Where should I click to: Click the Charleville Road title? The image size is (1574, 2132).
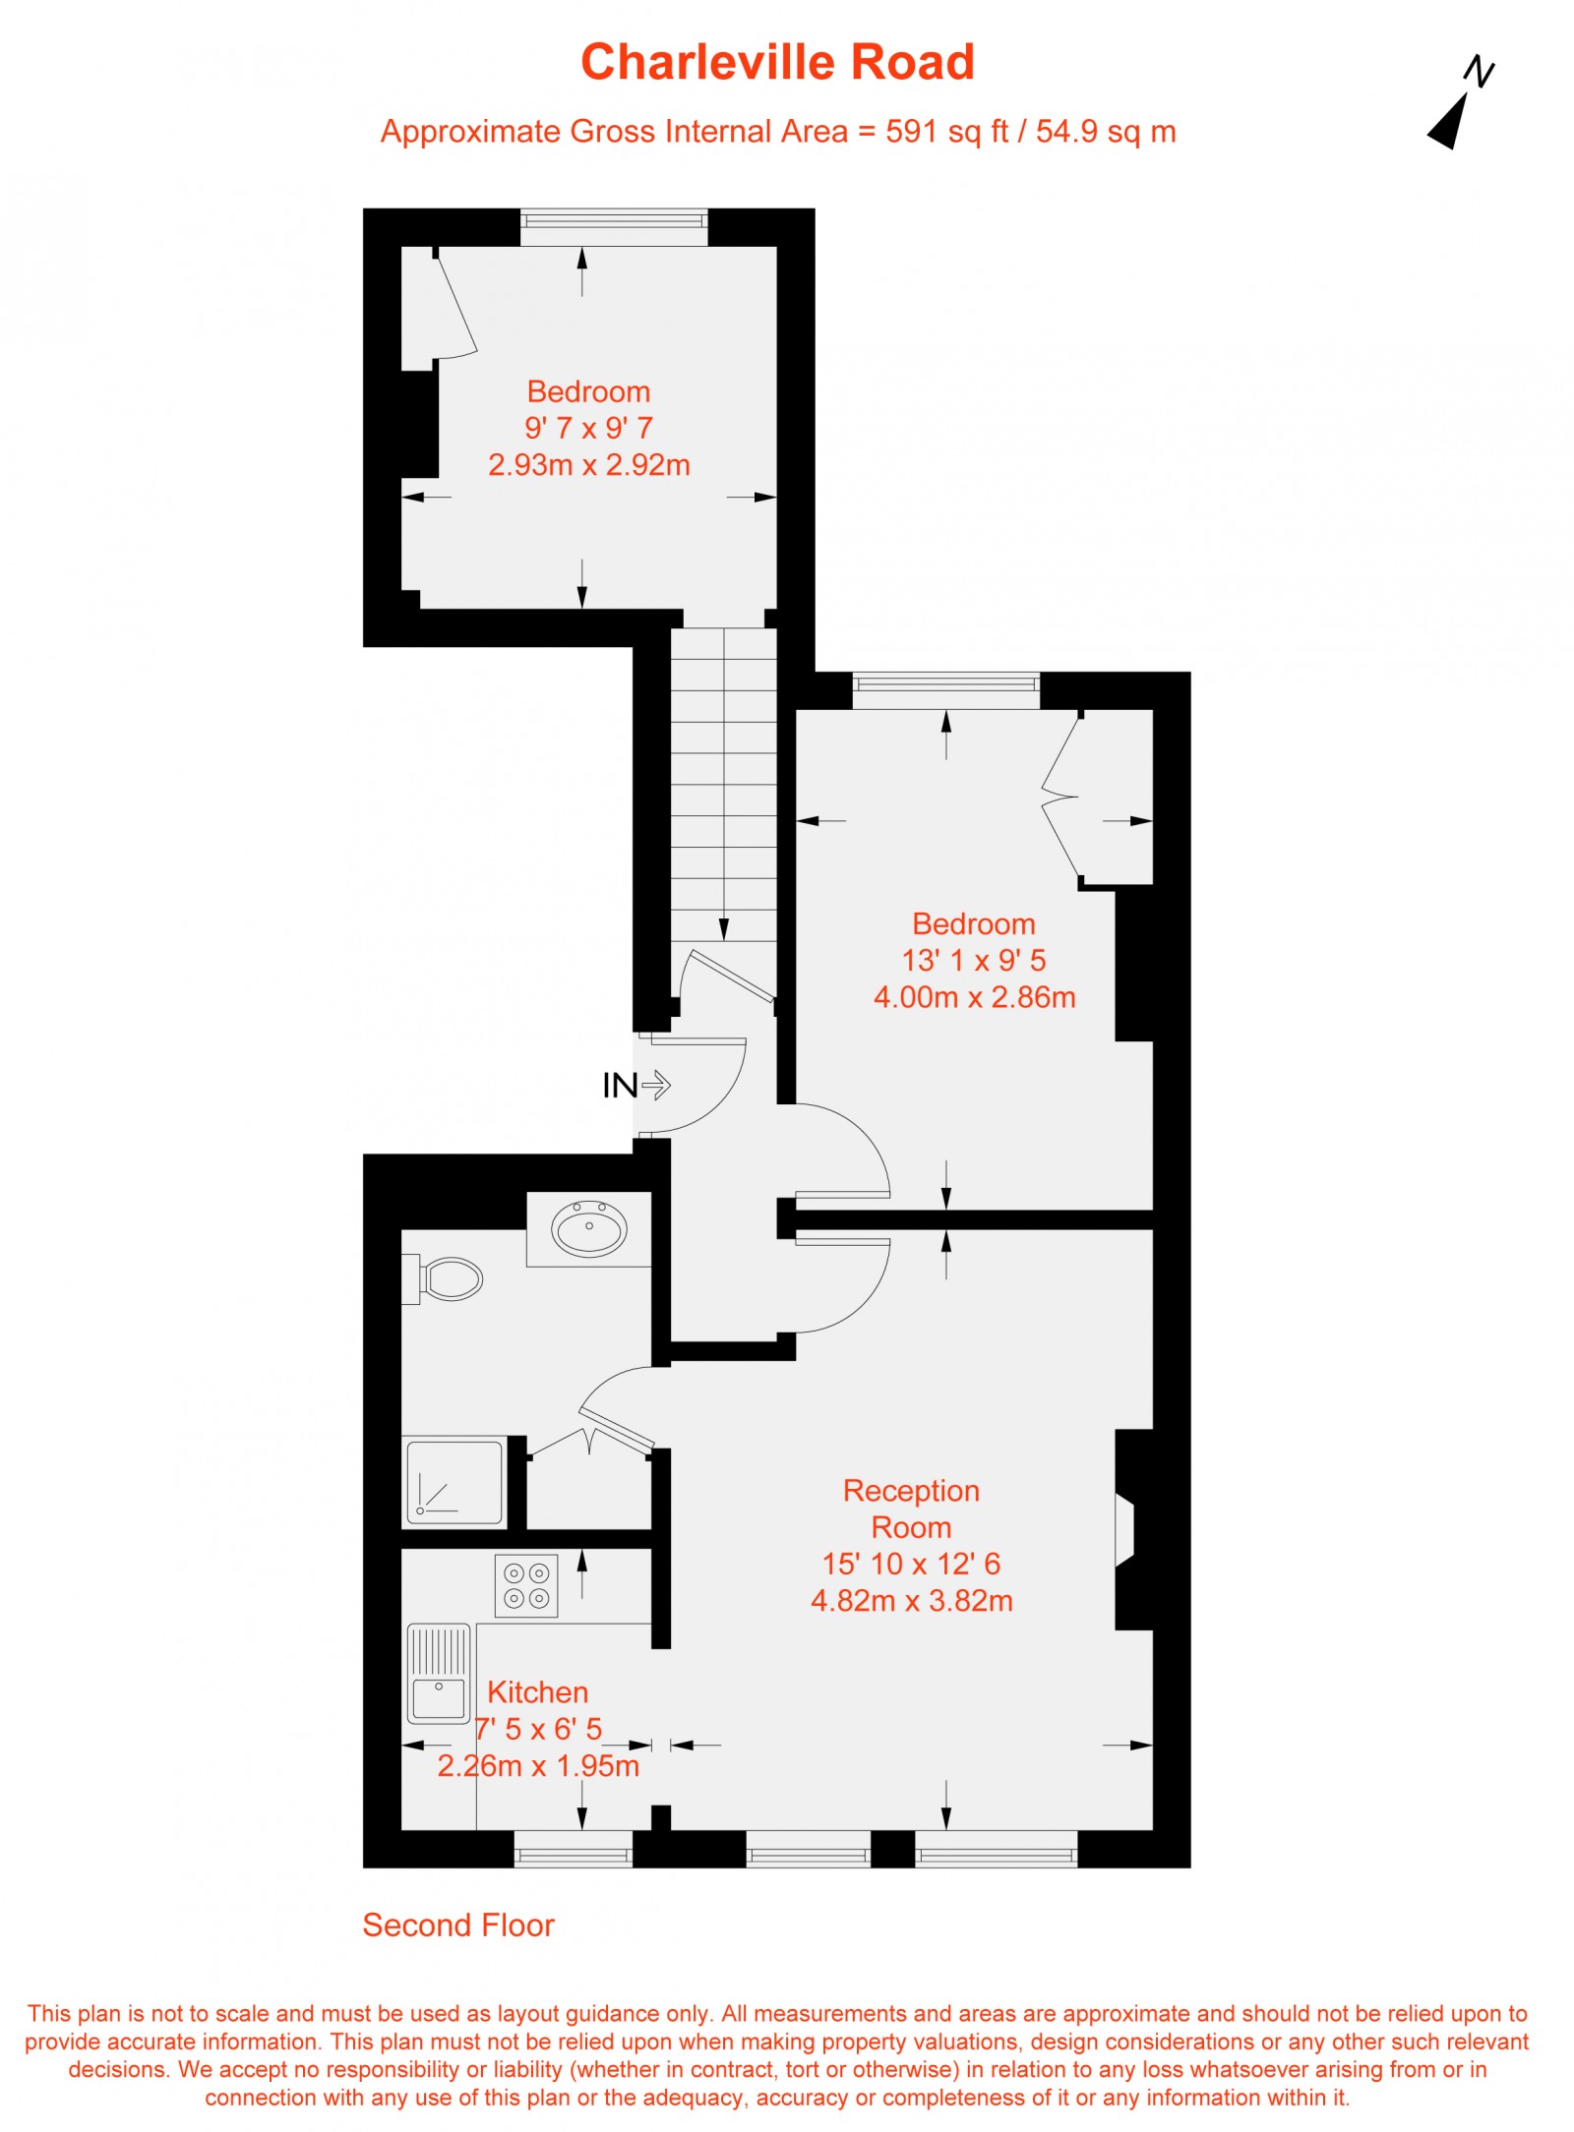click(x=777, y=62)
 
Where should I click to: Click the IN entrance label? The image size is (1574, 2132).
click(x=620, y=1086)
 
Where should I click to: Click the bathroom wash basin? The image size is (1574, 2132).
click(x=589, y=1227)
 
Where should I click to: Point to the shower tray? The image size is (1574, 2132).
click(x=454, y=1482)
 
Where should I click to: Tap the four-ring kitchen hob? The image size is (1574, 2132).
click(x=526, y=1585)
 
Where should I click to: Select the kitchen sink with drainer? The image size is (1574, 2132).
click(x=439, y=1674)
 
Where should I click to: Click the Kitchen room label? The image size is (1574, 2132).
click(x=538, y=1692)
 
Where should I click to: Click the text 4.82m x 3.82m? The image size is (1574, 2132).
click(x=911, y=1602)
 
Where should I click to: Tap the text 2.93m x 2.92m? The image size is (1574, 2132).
click(x=589, y=465)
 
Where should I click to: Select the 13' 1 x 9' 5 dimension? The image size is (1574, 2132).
click(x=974, y=961)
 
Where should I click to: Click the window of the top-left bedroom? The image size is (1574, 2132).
click(x=614, y=227)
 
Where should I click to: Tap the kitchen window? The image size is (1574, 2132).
click(x=574, y=1849)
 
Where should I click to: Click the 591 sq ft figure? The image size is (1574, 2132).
click(x=947, y=132)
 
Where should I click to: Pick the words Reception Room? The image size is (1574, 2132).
click(x=911, y=1510)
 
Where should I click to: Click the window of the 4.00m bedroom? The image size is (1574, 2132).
click(x=945, y=690)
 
